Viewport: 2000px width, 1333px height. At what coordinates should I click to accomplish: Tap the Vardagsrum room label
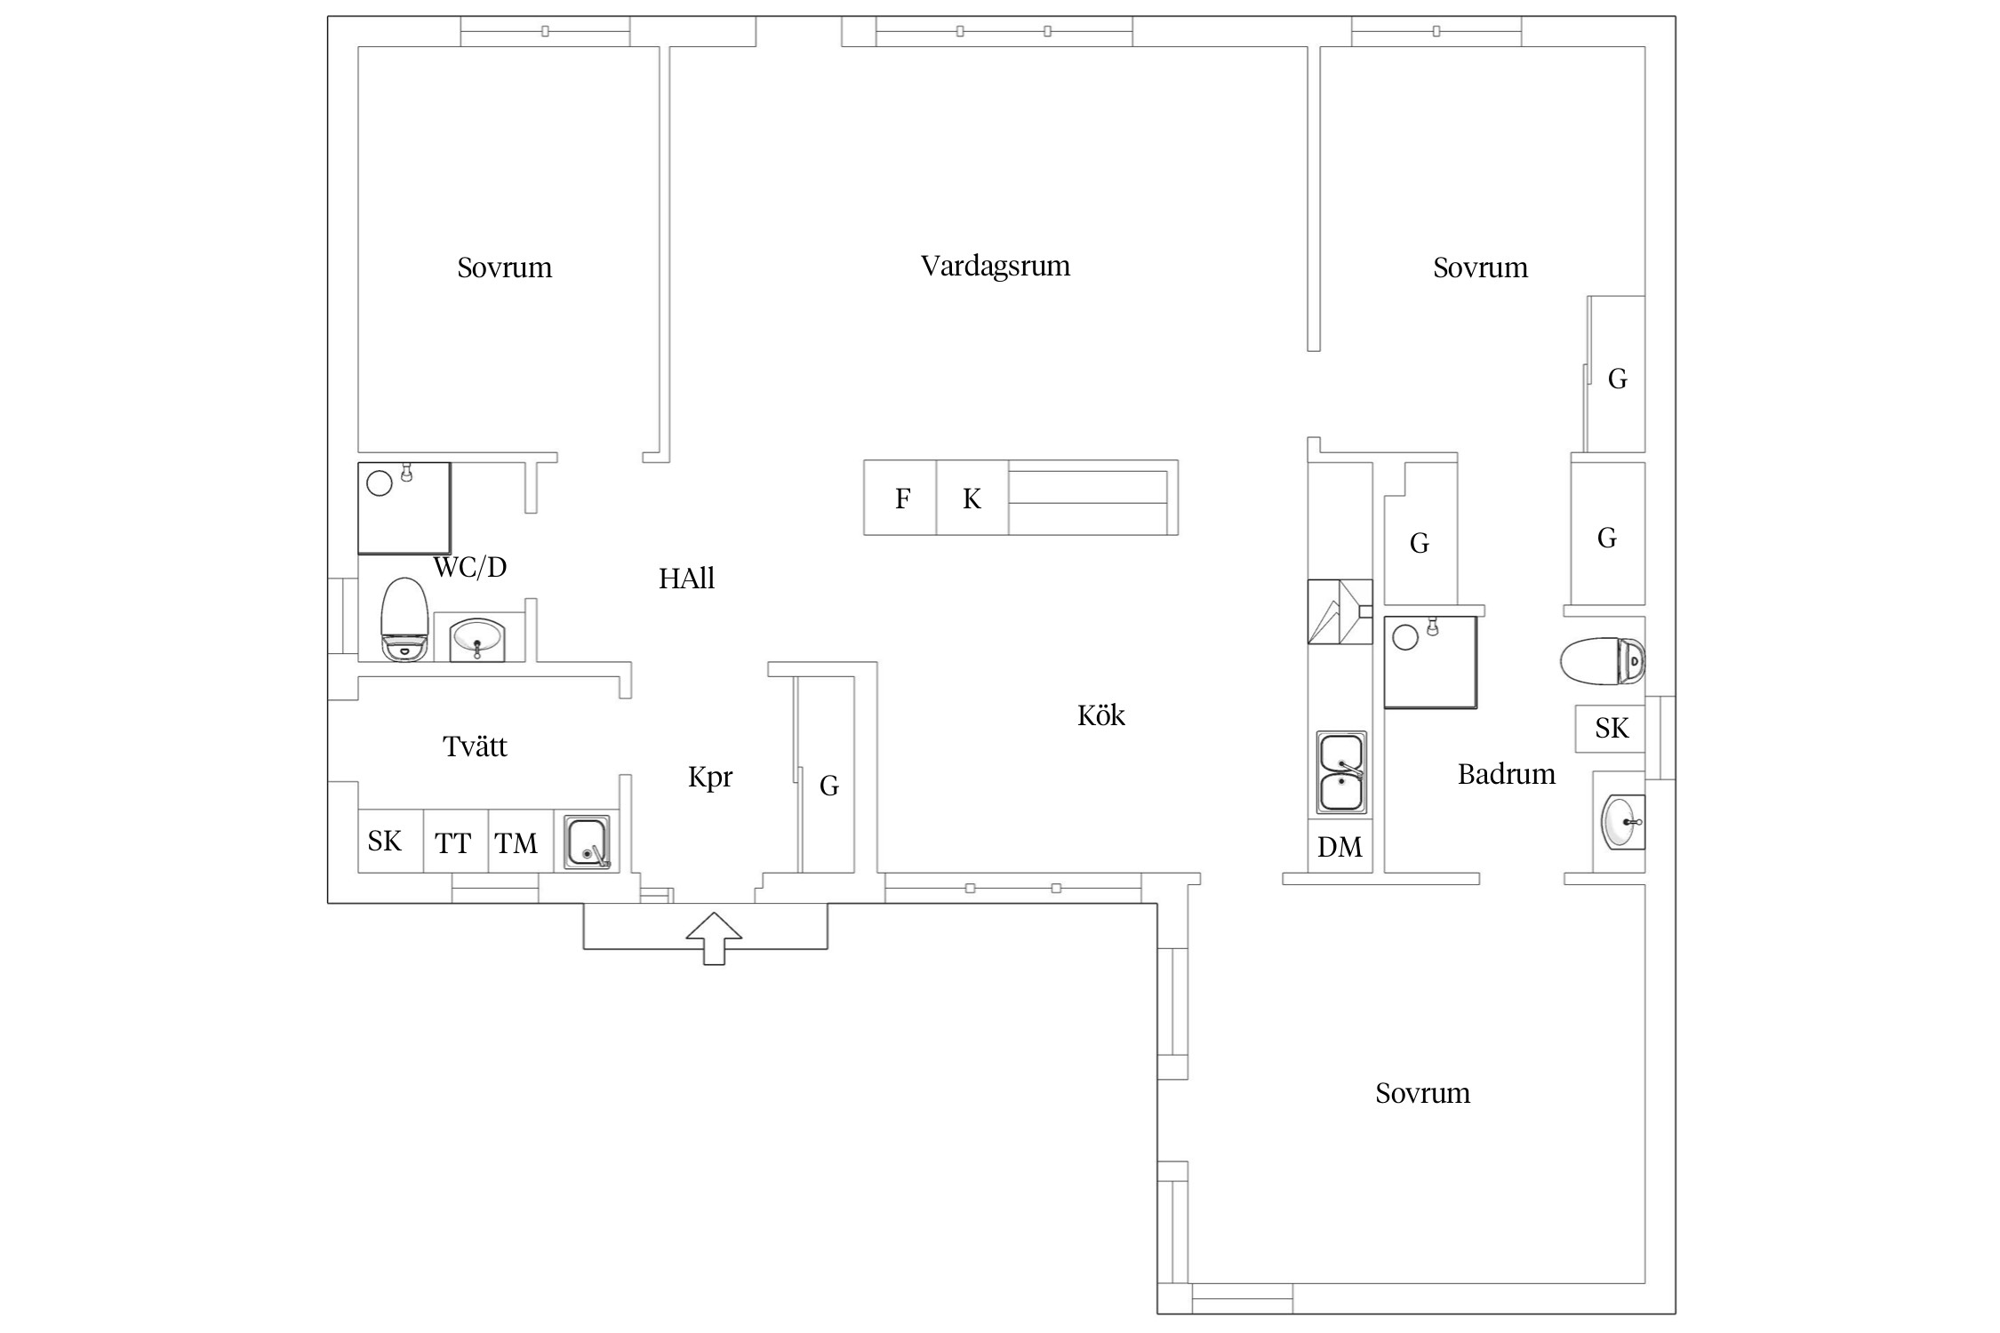pyautogui.click(x=995, y=267)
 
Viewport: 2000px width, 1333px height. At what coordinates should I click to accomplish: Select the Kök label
pyautogui.click(x=1100, y=715)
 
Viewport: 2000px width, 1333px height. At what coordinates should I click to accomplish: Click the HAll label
pyautogui.click(x=686, y=579)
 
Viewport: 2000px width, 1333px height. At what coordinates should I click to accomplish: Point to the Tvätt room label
pyautogui.click(x=475, y=746)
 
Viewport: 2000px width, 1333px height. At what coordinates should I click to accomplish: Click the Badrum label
pyautogui.click(x=1506, y=774)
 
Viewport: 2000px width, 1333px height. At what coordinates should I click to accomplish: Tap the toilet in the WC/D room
pyautogui.click(x=405, y=619)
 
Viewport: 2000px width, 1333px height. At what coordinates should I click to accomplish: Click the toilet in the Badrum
pyautogui.click(x=1603, y=661)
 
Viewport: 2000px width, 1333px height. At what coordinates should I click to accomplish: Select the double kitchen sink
pyautogui.click(x=1340, y=772)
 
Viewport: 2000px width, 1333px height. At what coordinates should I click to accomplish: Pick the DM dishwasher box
pyautogui.click(x=1340, y=846)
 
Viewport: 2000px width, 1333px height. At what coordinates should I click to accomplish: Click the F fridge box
pyautogui.click(x=900, y=498)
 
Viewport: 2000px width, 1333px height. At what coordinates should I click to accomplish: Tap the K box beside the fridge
pyautogui.click(x=972, y=498)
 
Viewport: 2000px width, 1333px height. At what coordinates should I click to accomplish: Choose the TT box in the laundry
pyautogui.click(x=455, y=841)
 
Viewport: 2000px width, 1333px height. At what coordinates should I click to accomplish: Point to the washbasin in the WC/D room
pyautogui.click(x=477, y=638)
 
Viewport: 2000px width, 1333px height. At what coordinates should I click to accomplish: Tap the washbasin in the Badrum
pyautogui.click(x=1623, y=822)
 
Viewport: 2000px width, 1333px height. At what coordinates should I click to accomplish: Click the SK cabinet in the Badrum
pyautogui.click(x=1611, y=729)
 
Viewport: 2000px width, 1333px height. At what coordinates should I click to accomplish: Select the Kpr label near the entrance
pyautogui.click(x=710, y=778)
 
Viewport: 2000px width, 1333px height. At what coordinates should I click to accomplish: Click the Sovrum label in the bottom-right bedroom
pyautogui.click(x=1422, y=1093)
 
